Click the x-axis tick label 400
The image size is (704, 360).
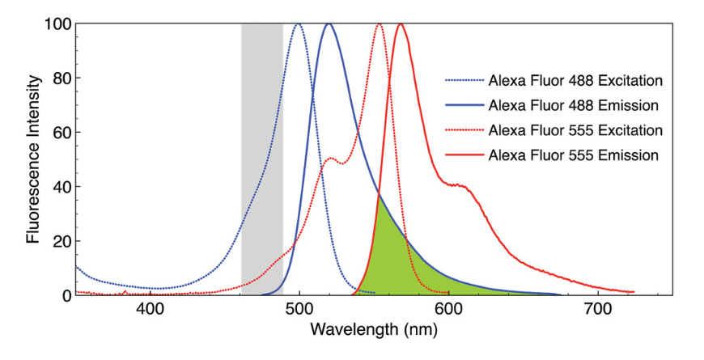coord(151,310)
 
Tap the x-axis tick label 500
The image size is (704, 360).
coord(299,310)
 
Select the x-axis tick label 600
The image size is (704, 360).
coord(448,310)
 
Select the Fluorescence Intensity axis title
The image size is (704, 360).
coord(33,159)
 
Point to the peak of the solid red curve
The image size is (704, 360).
coord(400,24)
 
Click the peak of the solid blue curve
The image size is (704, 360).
coord(329,24)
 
